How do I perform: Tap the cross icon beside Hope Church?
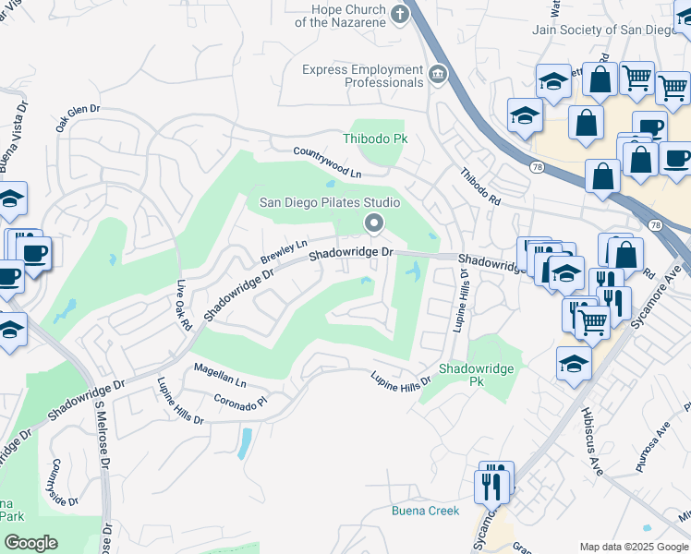399,14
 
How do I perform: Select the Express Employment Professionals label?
363,76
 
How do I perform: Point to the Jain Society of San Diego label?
610,29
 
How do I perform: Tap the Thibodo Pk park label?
375,138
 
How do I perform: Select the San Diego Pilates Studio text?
329,203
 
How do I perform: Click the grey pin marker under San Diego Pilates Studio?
373,223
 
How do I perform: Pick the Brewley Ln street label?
283,250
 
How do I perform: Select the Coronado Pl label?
240,402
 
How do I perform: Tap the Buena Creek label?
425,511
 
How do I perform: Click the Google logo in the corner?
30,543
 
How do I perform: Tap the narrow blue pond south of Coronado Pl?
244,443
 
